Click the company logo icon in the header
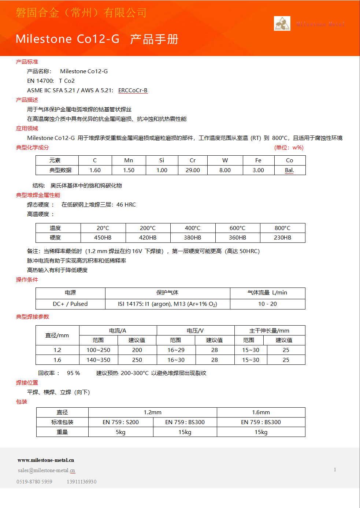click(282, 23)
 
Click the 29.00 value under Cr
click(193, 170)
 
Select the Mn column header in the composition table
click(129, 160)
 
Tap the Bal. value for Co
click(289, 170)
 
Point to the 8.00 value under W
click(225, 170)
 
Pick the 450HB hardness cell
click(103, 238)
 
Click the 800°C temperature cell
click(282, 228)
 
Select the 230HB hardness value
click(282, 238)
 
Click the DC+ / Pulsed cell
click(70, 304)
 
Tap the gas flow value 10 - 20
click(267, 304)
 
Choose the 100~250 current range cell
click(98, 350)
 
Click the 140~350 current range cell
click(98, 360)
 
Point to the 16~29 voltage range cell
click(176, 350)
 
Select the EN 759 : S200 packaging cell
click(120, 422)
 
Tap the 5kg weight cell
click(120, 432)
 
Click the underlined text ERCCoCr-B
click(133, 90)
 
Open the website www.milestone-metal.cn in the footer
click(46, 460)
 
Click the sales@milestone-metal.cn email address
click(47, 471)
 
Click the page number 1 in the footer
click(335, 470)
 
